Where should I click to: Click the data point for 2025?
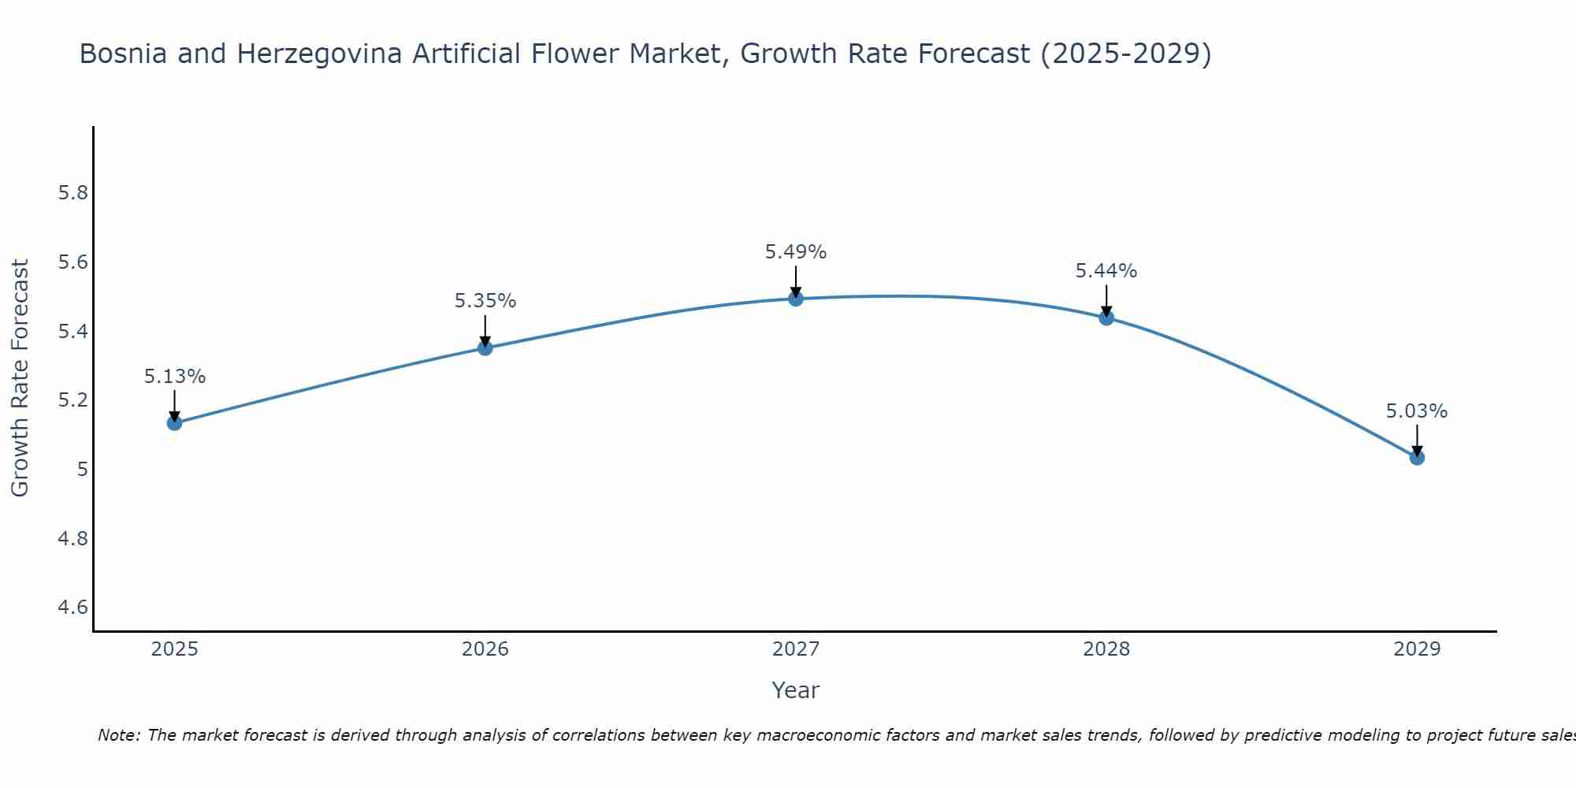click(x=174, y=423)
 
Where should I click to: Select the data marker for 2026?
click(x=485, y=348)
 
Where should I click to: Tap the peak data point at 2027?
click(x=795, y=299)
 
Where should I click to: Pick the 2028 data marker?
click(x=1106, y=318)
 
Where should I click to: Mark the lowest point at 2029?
click(x=1417, y=457)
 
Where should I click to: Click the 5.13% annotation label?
click(x=174, y=377)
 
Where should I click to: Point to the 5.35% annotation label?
click(x=485, y=301)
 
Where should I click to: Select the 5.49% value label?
click(x=795, y=252)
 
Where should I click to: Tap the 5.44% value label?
click(x=1106, y=271)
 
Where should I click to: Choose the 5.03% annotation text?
click(x=1417, y=411)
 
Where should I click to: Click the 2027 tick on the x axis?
click(x=795, y=649)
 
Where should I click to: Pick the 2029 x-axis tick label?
click(x=1417, y=649)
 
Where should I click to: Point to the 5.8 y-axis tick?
click(x=72, y=193)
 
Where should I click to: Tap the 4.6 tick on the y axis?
click(x=72, y=608)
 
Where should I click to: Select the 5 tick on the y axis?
click(x=82, y=470)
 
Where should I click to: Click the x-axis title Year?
click(x=795, y=690)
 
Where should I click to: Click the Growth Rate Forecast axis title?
click(x=20, y=378)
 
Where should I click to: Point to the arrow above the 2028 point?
click(x=1106, y=299)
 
